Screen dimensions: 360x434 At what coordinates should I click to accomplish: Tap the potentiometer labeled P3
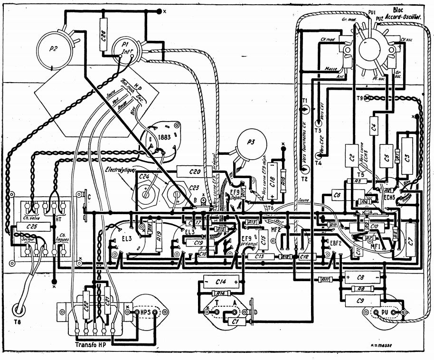(x=250, y=143)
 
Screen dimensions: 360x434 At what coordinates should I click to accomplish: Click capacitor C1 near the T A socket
(x=233, y=321)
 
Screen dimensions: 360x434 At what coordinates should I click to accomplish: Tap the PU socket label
(x=386, y=313)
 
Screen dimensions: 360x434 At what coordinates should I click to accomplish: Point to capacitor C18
(x=272, y=180)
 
